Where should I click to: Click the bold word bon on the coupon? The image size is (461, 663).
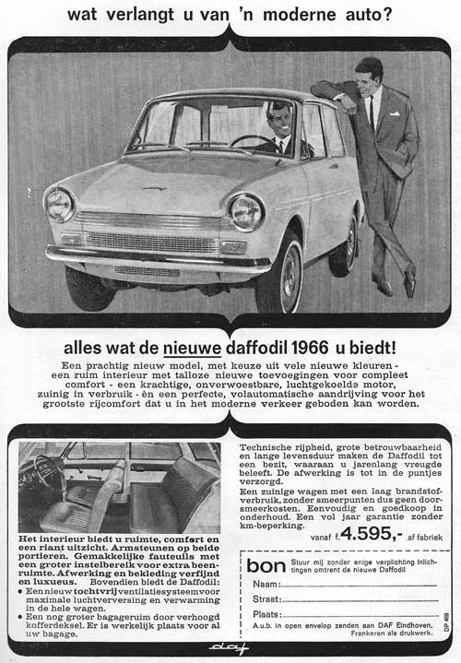267,564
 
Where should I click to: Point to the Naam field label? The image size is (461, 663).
266,585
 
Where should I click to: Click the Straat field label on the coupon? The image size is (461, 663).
267,599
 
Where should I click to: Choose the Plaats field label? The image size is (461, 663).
267,614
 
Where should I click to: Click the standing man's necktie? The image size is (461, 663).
372,112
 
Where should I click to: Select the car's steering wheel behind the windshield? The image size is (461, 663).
247,141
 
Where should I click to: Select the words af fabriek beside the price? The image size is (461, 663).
426,535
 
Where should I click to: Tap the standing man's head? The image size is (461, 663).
369,71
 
